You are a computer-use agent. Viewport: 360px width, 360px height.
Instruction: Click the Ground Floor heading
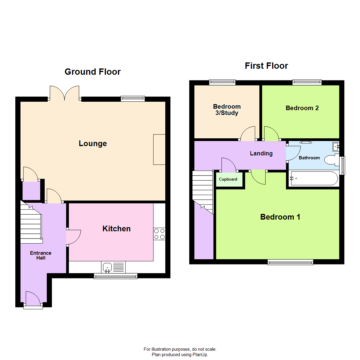(92, 72)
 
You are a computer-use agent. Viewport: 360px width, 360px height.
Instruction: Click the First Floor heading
(266, 66)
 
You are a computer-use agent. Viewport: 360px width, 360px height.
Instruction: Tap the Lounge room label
(93, 143)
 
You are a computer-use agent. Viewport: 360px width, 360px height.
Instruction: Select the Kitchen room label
(116, 229)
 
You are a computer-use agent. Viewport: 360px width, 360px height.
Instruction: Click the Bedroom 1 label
(280, 217)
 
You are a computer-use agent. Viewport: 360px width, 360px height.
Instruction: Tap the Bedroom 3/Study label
(227, 110)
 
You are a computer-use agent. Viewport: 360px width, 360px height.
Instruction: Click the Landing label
(261, 153)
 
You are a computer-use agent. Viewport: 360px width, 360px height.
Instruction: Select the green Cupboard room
(228, 179)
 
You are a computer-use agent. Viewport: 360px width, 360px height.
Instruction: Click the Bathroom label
(309, 158)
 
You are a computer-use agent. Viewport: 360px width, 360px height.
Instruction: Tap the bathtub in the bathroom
(313, 178)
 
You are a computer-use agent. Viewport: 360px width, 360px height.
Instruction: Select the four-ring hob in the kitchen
(159, 234)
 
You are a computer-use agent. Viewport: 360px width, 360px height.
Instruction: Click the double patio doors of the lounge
(65, 93)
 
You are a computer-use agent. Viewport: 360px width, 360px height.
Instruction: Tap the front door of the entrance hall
(33, 299)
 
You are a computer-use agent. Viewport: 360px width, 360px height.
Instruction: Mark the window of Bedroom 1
(290, 263)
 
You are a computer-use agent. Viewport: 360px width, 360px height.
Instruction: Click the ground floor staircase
(31, 222)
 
